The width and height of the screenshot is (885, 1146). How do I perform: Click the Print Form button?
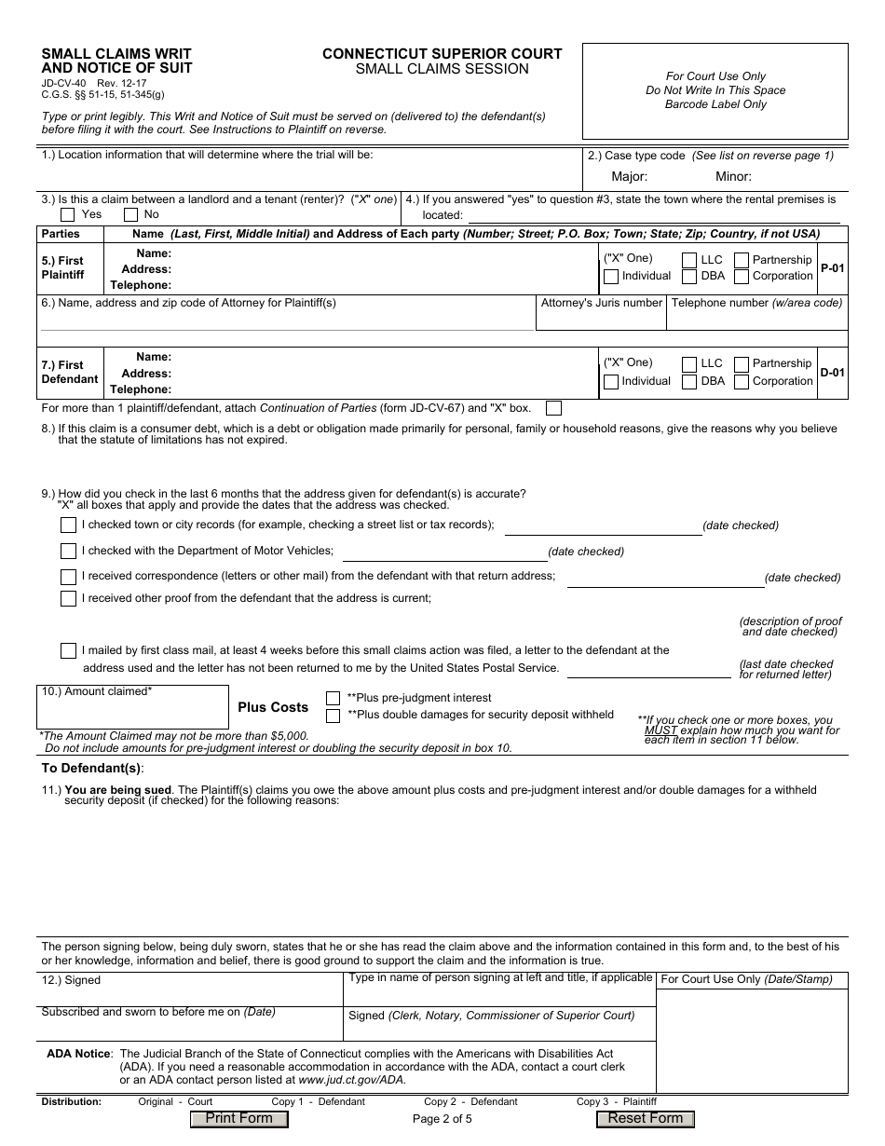[238, 1119]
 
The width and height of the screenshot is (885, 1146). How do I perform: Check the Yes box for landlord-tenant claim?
[68, 214]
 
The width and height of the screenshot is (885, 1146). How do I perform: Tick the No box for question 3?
[129, 214]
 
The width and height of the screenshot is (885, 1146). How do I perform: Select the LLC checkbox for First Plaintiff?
[689, 260]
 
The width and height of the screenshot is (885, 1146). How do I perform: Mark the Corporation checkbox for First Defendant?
[742, 381]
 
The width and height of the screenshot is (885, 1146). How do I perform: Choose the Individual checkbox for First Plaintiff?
[611, 277]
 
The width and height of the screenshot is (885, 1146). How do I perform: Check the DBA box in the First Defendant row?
[689, 381]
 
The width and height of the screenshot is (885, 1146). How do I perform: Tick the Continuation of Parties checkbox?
[553, 408]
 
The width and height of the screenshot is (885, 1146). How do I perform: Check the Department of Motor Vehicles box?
[68, 552]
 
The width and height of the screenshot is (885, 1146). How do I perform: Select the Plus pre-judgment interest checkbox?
[333, 698]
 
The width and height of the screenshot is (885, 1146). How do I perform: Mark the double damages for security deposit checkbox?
[333, 716]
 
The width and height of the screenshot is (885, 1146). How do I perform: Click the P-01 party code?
[832, 268]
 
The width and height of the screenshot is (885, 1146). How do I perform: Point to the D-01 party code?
[832, 373]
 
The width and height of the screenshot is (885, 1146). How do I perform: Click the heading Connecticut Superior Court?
[442, 54]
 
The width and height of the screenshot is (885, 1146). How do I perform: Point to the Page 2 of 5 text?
[442, 1119]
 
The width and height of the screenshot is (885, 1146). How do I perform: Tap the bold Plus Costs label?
[273, 707]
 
